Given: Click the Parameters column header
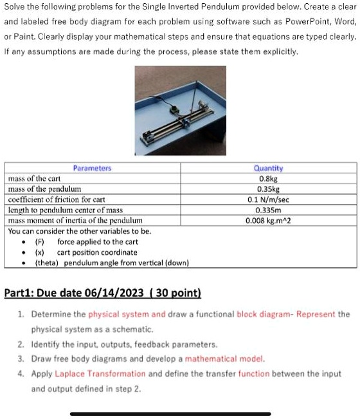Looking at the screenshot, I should (x=92, y=168).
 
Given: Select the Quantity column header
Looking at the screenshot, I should (x=268, y=169).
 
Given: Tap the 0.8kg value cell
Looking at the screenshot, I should (x=268, y=179).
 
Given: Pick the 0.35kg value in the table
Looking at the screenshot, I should (x=268, y=189).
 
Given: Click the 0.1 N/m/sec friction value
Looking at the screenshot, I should (x=268, y=200).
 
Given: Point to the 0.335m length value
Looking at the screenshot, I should (x=268, y=210).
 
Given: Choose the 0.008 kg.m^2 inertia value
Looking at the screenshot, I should (x=268, y=220).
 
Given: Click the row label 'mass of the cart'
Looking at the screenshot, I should (x=33, y=179).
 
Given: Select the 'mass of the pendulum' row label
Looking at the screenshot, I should (x=44, y=189).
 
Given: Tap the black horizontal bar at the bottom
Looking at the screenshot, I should (x=170, y=413).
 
